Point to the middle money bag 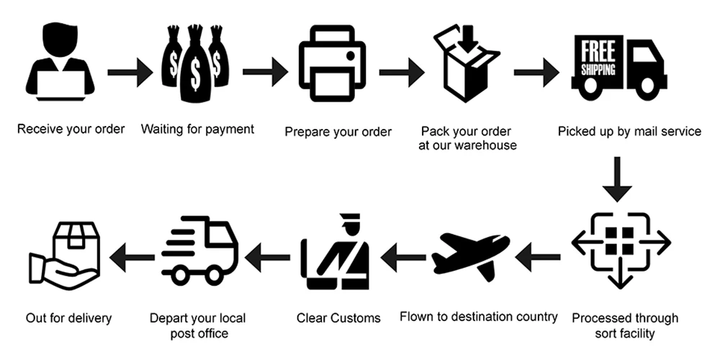194,65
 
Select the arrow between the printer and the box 400,72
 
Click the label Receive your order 71,130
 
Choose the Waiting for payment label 197,130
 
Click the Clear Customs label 338,317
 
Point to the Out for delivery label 69,317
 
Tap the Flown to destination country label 479,316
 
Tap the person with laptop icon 60,63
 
